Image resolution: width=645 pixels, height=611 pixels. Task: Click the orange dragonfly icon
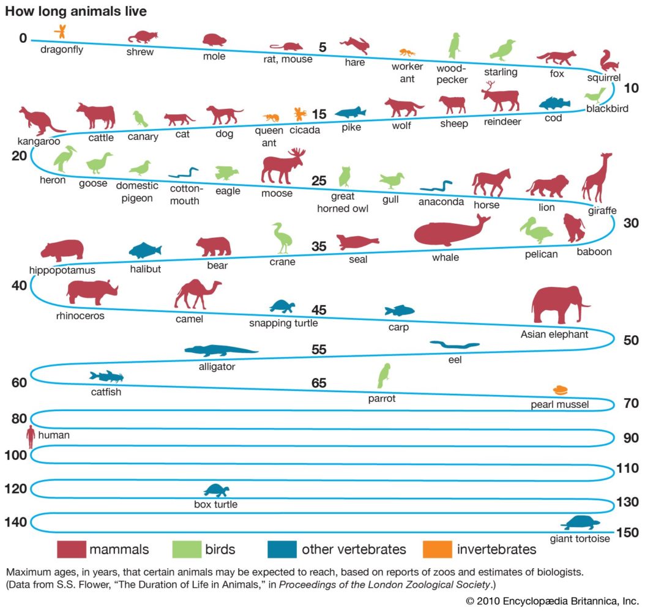[x=60, y=31]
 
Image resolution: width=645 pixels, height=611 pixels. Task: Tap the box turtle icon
[x=216, y=491]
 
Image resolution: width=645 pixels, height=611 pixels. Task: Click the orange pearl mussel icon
[x=561, y=390]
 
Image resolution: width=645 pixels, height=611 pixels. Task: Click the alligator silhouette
[x=221, y=350]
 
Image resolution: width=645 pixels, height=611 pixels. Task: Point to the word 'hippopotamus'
[x=62, y=270]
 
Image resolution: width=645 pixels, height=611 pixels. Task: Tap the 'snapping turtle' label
[x=283, y=323]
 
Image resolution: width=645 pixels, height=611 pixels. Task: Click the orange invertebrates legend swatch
[x=436, y=549]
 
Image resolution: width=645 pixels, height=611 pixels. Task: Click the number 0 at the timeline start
[x=22, y=39]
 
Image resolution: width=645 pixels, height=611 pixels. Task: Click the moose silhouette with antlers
[x=282, y=166]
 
